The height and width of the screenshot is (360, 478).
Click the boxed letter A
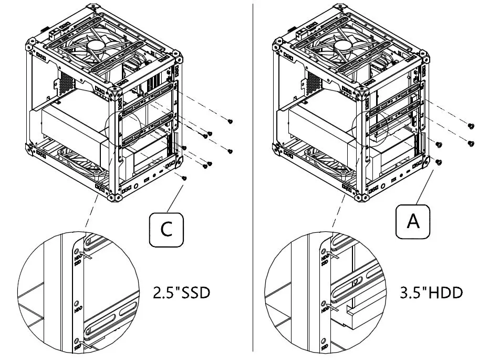click(413, 222)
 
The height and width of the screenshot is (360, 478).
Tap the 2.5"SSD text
click(181, 293)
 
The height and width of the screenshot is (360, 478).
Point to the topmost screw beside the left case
click(230, 121)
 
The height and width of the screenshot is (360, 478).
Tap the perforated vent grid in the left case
click(66, 80)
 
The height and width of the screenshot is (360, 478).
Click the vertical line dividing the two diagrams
click(253, 179)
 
